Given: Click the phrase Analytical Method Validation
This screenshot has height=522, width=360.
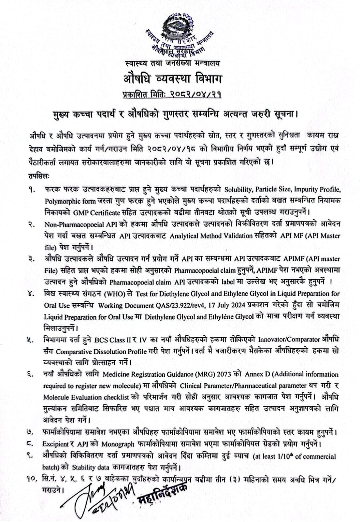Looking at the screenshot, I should click(x=211, y=236).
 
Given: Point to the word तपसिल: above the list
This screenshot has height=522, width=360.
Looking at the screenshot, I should click(x=39, y=177).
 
